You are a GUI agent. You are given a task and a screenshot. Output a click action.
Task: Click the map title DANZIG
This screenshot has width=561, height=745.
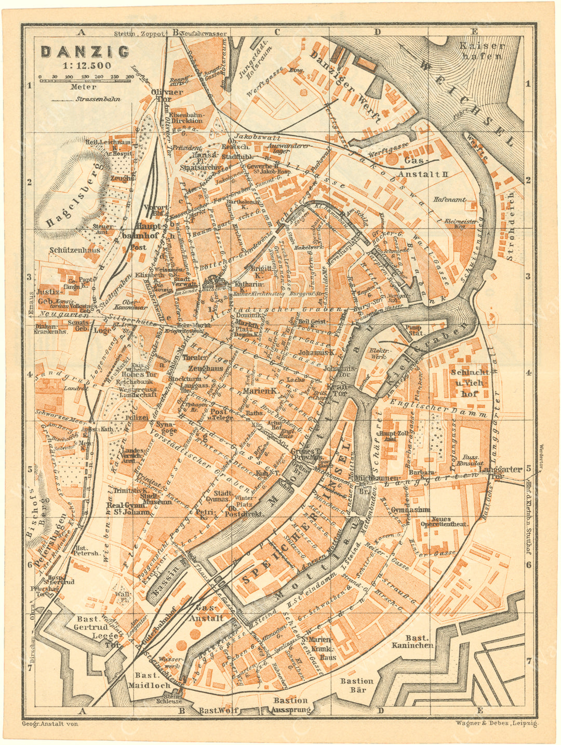coord(85,52)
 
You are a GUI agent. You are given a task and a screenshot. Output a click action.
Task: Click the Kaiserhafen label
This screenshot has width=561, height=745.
coord(482,50)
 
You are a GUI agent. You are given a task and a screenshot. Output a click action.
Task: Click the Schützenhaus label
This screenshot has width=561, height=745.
coord(75,250)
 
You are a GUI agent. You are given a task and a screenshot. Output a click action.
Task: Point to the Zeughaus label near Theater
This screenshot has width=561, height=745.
coord(205,368)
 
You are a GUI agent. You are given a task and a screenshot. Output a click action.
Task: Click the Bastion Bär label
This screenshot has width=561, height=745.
coord(357,685)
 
